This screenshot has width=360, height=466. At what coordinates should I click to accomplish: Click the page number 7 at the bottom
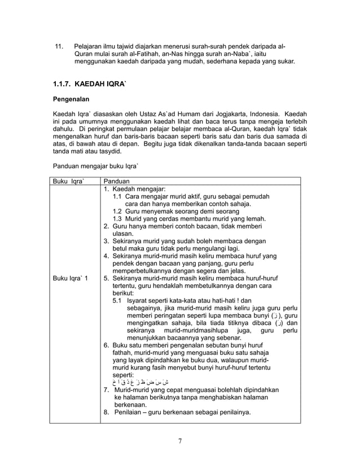(179, 441)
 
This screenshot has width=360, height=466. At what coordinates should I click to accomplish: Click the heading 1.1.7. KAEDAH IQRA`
(90, 84)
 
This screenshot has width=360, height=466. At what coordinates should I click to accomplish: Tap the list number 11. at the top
(58, 45)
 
